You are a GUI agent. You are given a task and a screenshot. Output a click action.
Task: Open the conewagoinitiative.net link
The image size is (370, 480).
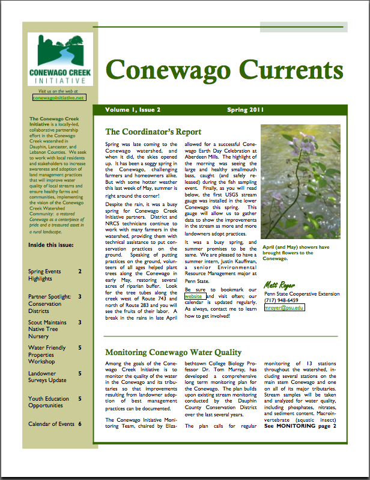click(59, 96)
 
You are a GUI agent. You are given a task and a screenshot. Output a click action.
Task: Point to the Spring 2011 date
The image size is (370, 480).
click(245, 110)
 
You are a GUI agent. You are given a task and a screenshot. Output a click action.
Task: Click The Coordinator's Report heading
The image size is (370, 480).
click(153, 132)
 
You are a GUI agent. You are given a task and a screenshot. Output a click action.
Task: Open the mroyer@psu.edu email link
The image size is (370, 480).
click(284, 308)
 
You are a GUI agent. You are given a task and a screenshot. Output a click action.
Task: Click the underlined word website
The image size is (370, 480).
click(193, 296)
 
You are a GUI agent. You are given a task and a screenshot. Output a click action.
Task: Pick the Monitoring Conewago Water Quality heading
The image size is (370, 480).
click(173, 353)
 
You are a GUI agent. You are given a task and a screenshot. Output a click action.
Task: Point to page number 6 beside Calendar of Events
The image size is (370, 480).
click(79, 424)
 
